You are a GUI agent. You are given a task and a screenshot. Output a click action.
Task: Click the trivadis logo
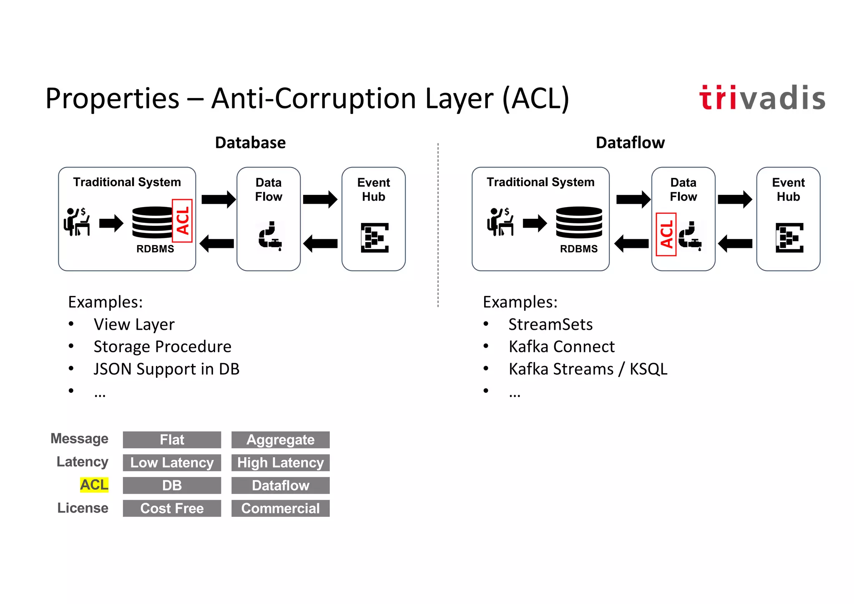[x=762, y=98]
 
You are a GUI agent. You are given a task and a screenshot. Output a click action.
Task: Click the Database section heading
[x=250, y=143]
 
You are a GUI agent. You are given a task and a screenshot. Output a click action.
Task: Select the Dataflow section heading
[x=630, y=143]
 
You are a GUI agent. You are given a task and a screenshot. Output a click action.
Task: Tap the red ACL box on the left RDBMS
[x=182, y=221]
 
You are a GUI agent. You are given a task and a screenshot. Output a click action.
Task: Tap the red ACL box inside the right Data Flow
[x=666, y=234]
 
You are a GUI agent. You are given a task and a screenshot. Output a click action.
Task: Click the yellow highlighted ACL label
[x=94, y=485]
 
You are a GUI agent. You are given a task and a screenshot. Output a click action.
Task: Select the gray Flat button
[x=172, y=440]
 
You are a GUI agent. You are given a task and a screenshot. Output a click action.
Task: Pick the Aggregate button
[x=280, y=440]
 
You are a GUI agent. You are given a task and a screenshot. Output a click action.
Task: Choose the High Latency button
[x=280, y=462]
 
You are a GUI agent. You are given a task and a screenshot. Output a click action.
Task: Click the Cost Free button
[x=172, y=508]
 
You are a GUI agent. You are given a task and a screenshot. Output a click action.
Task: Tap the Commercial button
[x=280, y=508]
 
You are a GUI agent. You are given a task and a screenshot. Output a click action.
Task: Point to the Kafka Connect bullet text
[x=561, y=347]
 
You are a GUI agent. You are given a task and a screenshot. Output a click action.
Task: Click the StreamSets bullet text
[x=550, y=324]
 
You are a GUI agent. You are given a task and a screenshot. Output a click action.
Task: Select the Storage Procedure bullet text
[x=162, y=347]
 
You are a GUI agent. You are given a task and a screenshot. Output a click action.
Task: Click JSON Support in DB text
[x=166, y=369]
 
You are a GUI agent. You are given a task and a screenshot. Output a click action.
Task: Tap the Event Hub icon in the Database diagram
[x=374, y=238]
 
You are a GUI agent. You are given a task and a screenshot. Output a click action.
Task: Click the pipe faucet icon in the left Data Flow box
[x=270, y=236]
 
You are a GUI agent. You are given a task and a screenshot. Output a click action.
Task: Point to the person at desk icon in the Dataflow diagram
[x=500, y=222]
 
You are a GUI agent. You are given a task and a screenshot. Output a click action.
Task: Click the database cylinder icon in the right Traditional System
[x=579, y=223]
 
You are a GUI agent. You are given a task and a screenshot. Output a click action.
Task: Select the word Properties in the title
[x=112, y=99]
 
